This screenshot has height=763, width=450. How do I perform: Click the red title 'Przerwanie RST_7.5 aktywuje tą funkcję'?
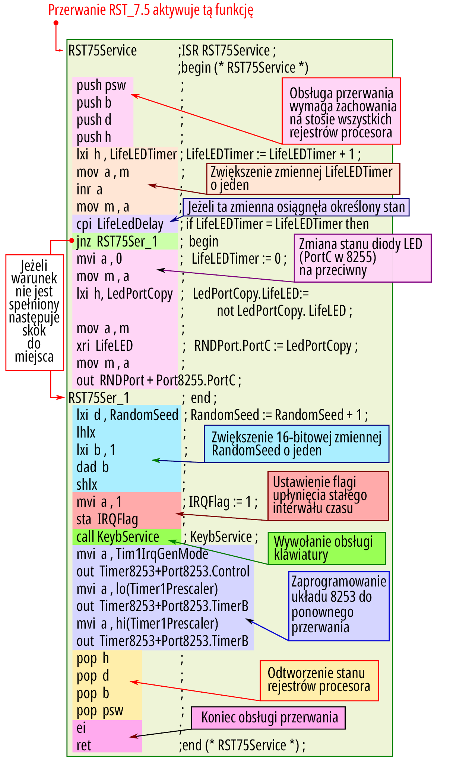click(151, 10)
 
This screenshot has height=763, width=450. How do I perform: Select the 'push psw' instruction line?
click(101, 85)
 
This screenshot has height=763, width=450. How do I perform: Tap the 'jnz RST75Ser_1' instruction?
click(117, 242)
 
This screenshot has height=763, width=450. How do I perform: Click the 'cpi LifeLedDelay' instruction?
click(120, 224)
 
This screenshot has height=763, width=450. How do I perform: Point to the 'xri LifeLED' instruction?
click(105, 346)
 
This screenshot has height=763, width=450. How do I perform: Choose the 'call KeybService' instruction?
click(118, 537)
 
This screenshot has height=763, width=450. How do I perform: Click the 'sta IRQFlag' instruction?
click(107, 519)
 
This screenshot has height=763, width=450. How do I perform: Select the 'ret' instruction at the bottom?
click(84, 745)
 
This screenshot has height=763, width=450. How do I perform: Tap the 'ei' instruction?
click(81, 728)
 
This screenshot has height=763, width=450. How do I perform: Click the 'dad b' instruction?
click(92, 467)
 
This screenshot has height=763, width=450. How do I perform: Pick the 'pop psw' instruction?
click(100, 711)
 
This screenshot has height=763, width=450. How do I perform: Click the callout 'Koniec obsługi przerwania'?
click(268, 718)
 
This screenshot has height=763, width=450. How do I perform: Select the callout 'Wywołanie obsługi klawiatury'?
click(327, 548)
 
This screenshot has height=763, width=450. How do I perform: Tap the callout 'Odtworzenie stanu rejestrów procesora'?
click(319, 681)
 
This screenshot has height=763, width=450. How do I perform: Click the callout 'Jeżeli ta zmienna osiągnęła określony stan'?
click(296, 207)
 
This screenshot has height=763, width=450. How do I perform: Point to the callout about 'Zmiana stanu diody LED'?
click(362, 258)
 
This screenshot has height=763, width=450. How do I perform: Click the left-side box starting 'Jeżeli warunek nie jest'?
click(35, 312)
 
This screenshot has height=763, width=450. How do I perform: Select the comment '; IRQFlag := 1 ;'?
click(220, 502)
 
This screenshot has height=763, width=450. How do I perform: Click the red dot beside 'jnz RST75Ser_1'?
click(72, 241)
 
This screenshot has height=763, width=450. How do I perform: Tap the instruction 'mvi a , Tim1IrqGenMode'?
click(142, 554)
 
